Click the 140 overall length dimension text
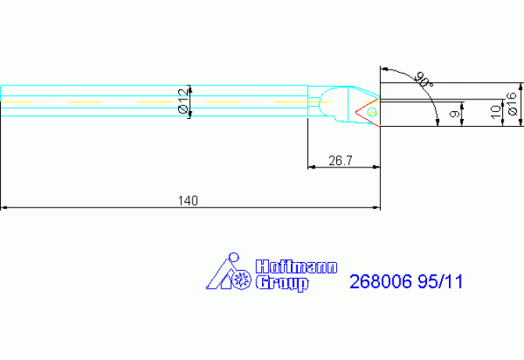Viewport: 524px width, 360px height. click(188, 201)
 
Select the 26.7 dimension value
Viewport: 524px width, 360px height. click(340, 160)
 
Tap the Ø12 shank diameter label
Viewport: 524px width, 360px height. click(183, 101)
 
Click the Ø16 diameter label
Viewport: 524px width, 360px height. click(511, 104)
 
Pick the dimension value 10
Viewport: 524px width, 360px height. click(494, 113)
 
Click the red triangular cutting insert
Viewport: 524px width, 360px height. click(366, 110)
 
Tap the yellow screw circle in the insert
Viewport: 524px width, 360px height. click(371, 112)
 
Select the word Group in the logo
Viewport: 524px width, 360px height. click(282, 283)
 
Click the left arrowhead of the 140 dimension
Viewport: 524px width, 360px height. click(4, 207)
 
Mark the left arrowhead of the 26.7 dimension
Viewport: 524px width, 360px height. click(310, 167)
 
